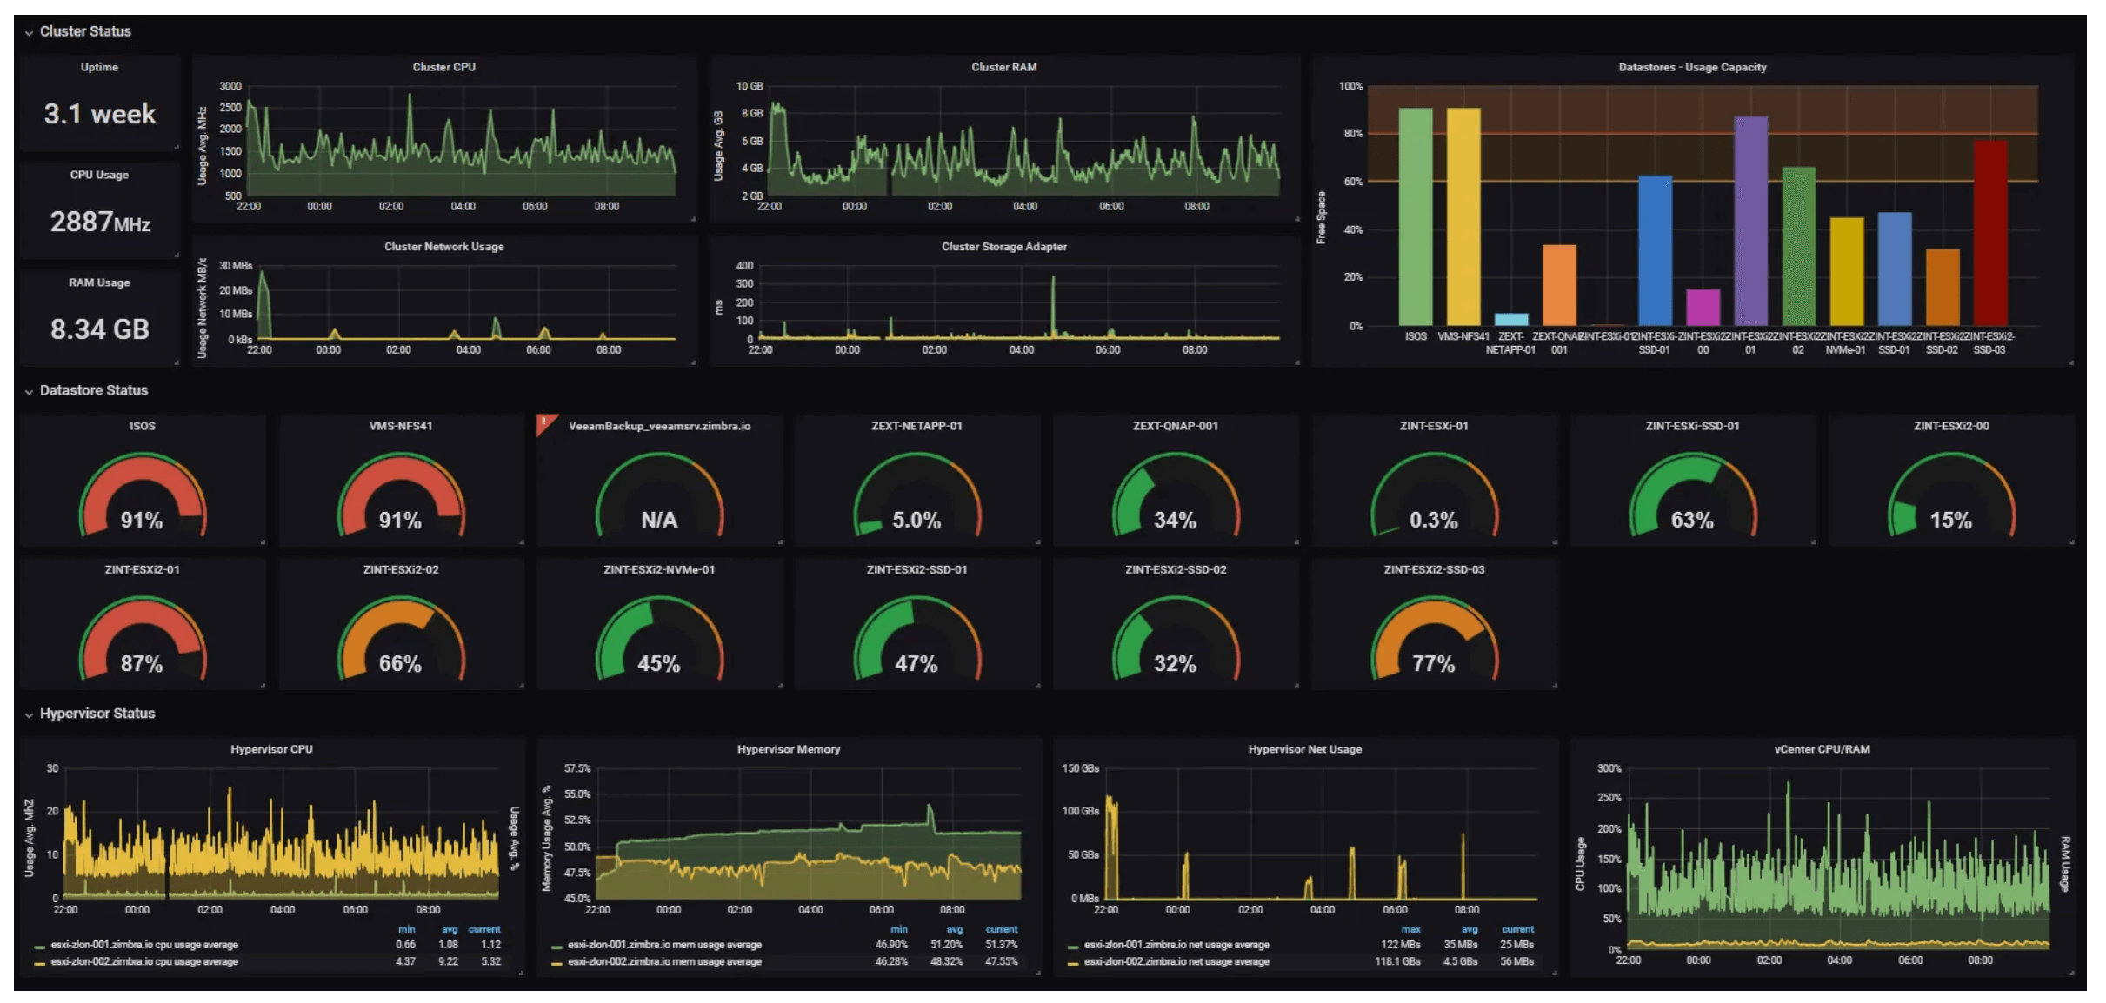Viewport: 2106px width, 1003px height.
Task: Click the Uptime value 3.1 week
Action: (100, 114)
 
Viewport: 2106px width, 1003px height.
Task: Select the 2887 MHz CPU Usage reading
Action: (100, 222)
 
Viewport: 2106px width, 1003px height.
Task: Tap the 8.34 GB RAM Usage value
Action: (100, 329)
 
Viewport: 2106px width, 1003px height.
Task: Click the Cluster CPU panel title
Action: (443, 67)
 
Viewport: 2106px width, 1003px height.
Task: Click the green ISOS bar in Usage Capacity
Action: (1415, 216)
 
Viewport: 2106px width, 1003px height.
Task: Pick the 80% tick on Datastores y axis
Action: (1352, 134)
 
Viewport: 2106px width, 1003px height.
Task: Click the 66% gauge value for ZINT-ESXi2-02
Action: (400, 664)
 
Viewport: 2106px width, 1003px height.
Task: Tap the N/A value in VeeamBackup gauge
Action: (658, 520)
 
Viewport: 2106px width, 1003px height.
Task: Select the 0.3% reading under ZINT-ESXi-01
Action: (1433, 520)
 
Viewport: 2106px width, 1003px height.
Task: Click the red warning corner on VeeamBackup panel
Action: (545, 422)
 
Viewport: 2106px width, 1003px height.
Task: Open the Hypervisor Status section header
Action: (97, 714)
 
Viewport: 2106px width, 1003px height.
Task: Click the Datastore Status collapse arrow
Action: (29, 391)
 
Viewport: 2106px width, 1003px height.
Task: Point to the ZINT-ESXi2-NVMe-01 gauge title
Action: (658, 569)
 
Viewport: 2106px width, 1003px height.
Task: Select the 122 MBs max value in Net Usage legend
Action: (1400, 945)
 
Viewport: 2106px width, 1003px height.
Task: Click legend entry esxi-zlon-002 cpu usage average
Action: (144, 962)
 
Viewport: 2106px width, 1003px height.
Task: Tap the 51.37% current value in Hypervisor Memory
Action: (1001, 945)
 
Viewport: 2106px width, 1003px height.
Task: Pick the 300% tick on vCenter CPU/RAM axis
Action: (1609, 768)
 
